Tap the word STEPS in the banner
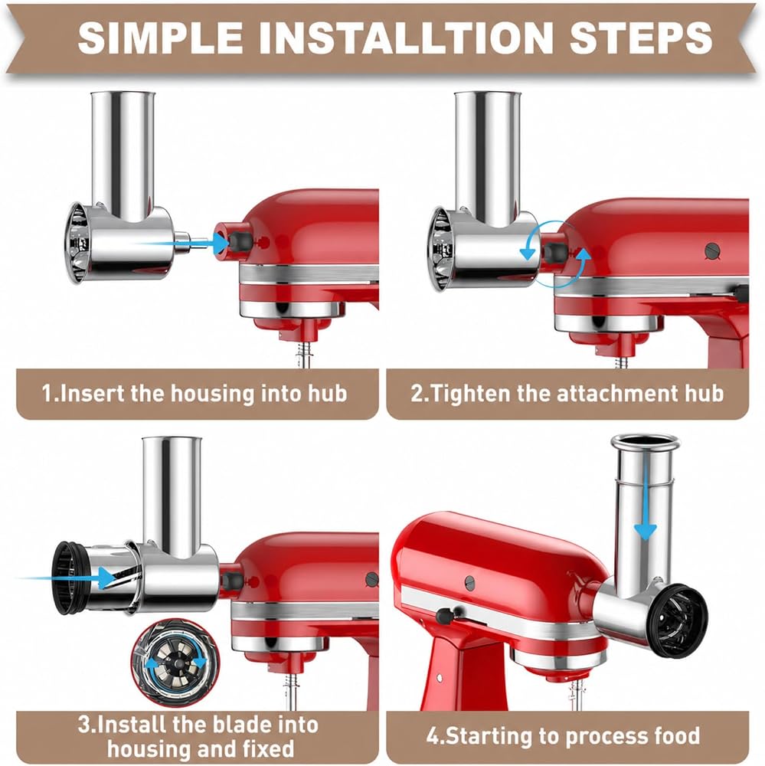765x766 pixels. click(x=640, y=38)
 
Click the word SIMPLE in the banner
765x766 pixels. click(x=162, y=38)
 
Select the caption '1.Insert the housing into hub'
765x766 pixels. click(x=195, y=393)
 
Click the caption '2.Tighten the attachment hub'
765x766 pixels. click(x=567, y=393)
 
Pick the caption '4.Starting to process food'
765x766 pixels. click(x=564, y=735)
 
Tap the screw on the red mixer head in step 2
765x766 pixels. click(x=713, y=251)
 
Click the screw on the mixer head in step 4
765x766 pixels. click(x=469, y=582)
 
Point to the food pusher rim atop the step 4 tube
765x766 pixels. click(x=646, y=442)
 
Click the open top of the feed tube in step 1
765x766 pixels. click(x=123, y=93)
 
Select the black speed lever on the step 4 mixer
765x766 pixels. click(x=445, y=615)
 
